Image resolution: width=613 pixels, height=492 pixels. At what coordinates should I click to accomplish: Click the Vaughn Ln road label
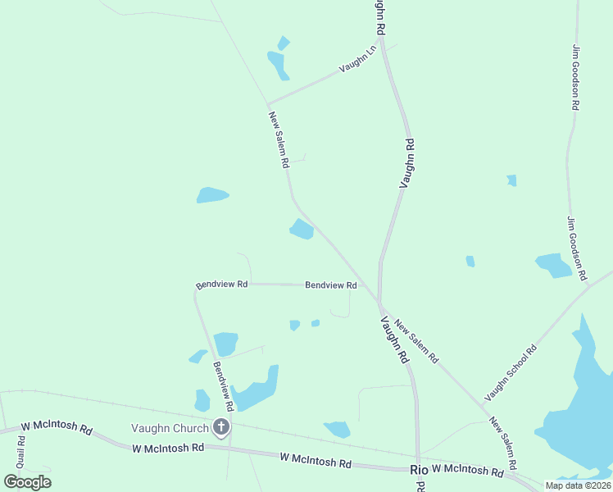[x=359, y=58]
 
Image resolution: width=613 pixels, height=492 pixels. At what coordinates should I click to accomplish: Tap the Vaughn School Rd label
[x=511, y=372]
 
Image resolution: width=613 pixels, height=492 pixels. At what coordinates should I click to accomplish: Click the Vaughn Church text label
[x=170, y=427]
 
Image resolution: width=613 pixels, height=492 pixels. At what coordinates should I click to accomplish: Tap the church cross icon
[x=220, y=426]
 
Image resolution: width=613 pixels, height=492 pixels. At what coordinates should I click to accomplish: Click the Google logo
[x=28, y=481]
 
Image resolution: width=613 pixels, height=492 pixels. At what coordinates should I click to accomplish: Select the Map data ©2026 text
[x=577, y=485]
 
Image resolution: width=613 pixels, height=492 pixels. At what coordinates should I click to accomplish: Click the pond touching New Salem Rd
[x=302, y=229]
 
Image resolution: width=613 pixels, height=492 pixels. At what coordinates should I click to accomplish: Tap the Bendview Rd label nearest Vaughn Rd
[x=331, y=285]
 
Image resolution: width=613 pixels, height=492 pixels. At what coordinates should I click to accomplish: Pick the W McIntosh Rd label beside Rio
[x=468, y=470]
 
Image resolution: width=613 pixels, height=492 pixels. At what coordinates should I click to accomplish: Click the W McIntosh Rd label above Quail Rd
[x=57, y=427]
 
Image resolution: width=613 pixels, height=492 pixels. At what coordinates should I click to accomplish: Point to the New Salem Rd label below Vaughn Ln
[x=279, y=139]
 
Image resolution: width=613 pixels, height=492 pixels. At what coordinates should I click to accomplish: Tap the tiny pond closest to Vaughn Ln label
[x=284, y=43]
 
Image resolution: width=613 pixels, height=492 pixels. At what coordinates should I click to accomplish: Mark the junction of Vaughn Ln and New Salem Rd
[x=269, y=104]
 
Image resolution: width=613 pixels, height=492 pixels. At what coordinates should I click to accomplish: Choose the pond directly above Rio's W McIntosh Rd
[x=337, y=429]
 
